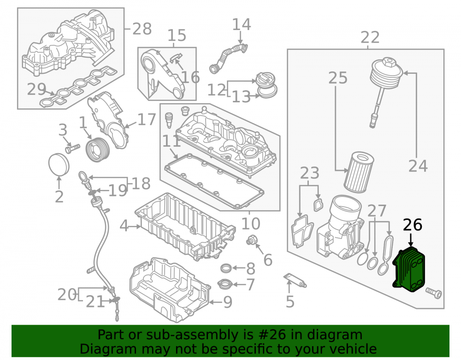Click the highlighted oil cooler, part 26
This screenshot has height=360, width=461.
[x=408, y=270]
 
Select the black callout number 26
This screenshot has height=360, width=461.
[x=413, y=225]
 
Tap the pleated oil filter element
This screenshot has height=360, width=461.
[x=359, y=171]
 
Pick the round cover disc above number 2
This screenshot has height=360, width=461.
[x=59, y=164]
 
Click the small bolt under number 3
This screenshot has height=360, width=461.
[x=72, y=148]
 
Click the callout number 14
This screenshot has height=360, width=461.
[x=242, y=25]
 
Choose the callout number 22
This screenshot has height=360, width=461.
[x=370, y=38]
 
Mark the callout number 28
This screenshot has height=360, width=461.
[x=142, y=29]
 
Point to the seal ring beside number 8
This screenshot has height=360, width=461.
[x=226, y=268]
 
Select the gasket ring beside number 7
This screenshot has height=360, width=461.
[x=225, y=284]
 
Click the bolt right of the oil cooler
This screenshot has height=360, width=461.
[x=433, y=293]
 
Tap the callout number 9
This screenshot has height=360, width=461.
[x=228, y=302]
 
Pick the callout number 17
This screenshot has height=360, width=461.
[x=146, y=119]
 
